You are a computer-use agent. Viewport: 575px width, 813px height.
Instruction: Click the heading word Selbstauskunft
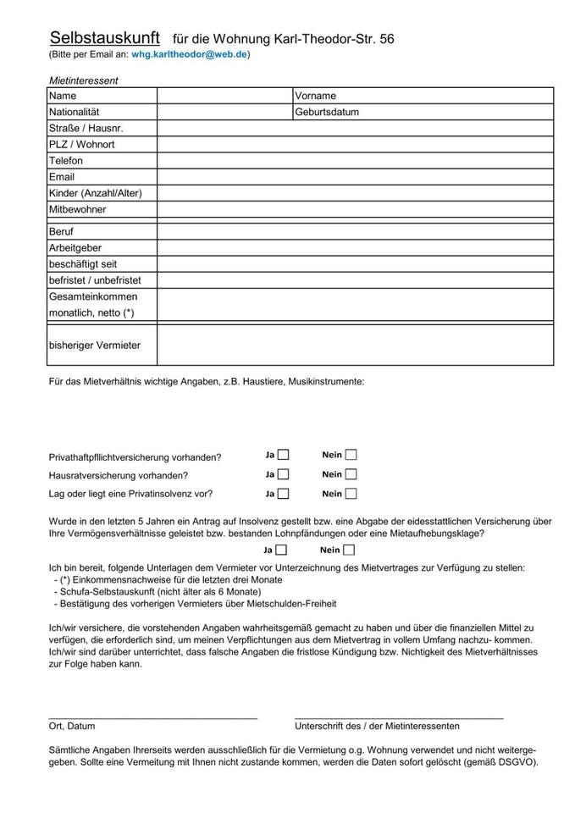click(x=105, y=38)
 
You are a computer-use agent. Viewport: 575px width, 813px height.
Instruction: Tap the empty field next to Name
click(x=224, y=96)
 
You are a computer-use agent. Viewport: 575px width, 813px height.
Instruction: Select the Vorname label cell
click(x=316, y=96)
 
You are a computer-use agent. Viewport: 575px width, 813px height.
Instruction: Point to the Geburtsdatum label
click(x=328, y=112)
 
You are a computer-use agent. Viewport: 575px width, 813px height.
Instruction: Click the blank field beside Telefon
click(x=355, y=160)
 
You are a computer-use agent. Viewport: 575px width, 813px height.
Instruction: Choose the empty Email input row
click(x=355, y=176)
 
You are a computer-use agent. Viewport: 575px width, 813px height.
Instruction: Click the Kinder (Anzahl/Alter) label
click(x=96, y=192)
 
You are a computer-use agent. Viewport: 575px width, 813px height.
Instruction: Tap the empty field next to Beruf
click(x=355, y=231)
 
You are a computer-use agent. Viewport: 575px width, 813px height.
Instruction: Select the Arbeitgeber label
click(x=76, y=247)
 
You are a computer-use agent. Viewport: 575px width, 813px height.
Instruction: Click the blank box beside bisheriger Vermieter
click(x=355, y=345)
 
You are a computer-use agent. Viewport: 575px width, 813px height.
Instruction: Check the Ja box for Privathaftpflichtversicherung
click(x=283, y=455)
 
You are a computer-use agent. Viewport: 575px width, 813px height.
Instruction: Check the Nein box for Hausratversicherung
click(x=351, y=474)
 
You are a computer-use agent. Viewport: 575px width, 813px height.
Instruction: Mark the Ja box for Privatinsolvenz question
click(x=283, y=494)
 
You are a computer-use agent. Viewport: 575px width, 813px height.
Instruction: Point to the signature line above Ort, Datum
click(x=153, y=718)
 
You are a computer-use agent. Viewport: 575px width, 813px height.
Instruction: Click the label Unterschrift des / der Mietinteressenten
click(x=377, y=727)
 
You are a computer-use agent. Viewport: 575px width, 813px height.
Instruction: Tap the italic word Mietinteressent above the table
click(x=83, y=80)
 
